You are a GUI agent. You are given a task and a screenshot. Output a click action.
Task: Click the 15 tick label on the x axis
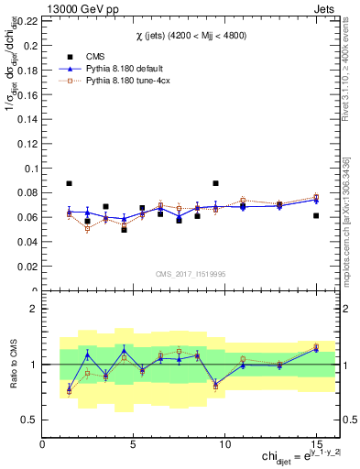pos(315,444)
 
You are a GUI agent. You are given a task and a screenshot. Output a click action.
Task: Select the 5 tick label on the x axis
pos(134,444)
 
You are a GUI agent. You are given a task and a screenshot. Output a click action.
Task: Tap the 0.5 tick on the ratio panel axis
pos(29,420)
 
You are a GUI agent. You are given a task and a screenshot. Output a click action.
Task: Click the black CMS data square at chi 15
pos(315,215)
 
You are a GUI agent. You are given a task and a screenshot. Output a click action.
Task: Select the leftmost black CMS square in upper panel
pos(69,183)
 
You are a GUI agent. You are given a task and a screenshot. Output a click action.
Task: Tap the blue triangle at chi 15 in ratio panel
pos(315,348)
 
